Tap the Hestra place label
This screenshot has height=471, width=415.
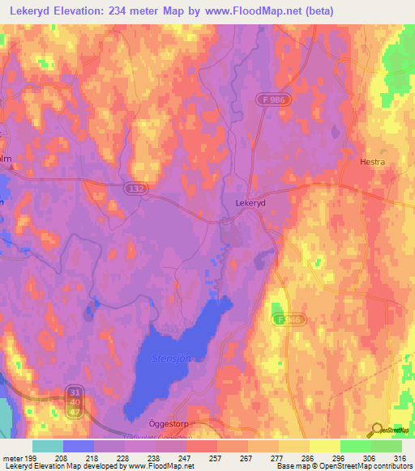pos(372,162)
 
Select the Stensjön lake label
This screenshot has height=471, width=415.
pos(173,358)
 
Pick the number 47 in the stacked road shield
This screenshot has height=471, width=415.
pos(74,413)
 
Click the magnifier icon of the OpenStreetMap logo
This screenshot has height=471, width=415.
pos(376,430)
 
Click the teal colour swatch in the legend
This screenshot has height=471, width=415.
pos(47,446)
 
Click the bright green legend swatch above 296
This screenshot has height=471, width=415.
pos(355,446)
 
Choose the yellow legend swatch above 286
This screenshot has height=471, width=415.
pos(324,446)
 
